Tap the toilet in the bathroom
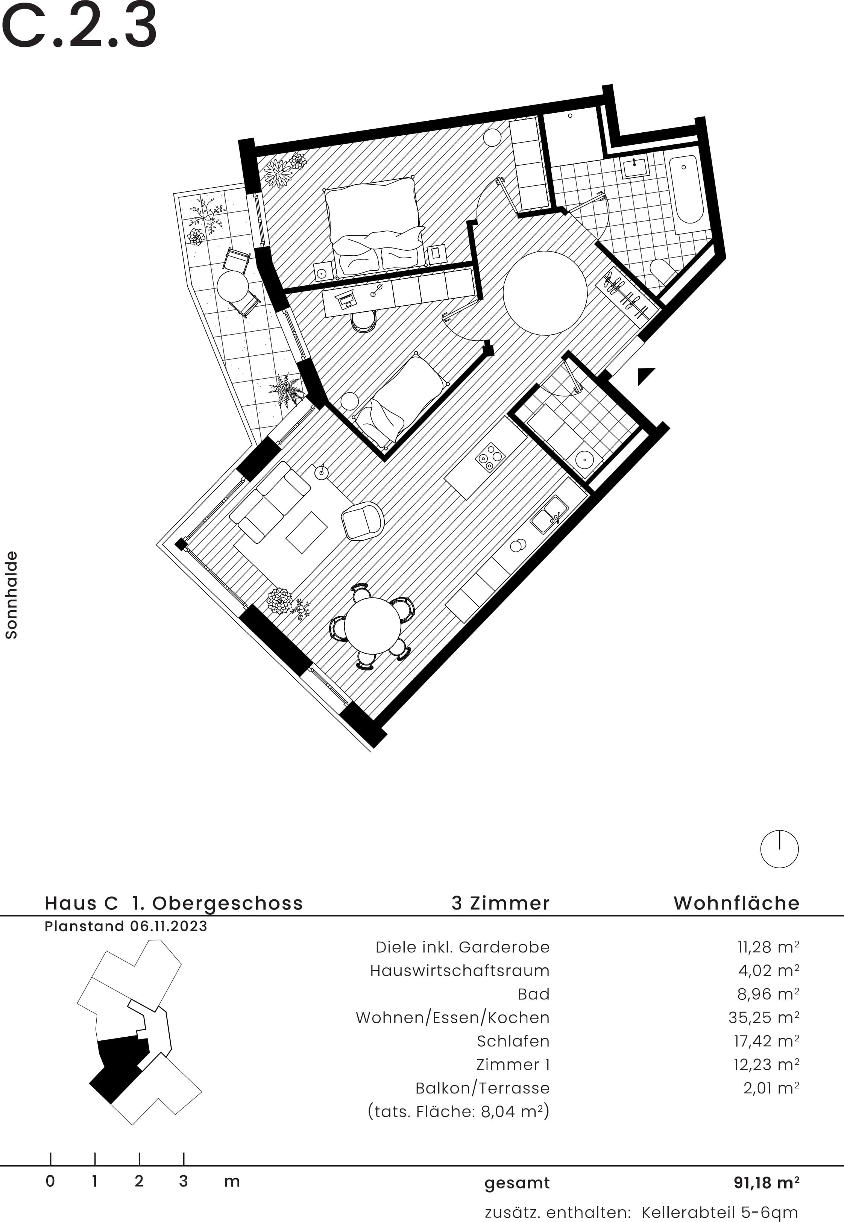(662, 270)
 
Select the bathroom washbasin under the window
(635, 168)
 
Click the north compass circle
(779, 849)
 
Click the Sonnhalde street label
(11, 594)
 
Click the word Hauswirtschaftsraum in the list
(460, 970)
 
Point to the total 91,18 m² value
(766, 1183)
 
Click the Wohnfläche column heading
(736, 903)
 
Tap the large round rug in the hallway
(545, 292)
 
